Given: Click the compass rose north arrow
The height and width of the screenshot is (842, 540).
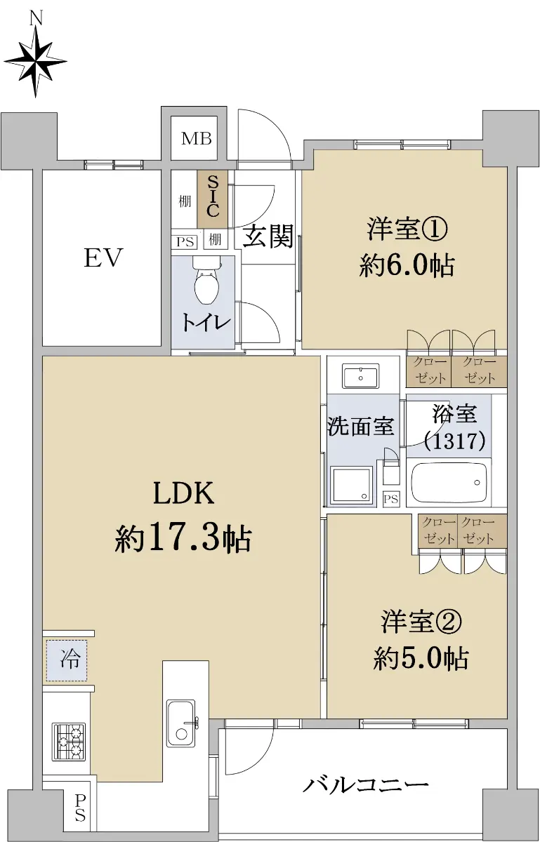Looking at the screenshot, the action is (x=36, y=60).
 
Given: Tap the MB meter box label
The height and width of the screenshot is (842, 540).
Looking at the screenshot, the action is (x=197, y=139).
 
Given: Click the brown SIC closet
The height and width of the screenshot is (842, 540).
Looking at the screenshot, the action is (x=213, y=199).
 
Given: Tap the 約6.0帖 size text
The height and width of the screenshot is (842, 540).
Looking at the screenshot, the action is (x=407, y=266).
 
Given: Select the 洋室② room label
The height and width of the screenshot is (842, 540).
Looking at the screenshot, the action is (x=421, y=622).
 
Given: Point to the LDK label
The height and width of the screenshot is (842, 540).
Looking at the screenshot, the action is (x=184, y=493).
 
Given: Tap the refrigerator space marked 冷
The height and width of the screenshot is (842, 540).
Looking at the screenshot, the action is (x=67, y=660).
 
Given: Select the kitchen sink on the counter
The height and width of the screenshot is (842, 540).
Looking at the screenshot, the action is (x=181, y=723).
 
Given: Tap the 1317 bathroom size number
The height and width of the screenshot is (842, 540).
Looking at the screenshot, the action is (x=454, y=441).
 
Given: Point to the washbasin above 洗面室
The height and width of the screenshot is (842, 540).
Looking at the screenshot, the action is (x=360, y=376).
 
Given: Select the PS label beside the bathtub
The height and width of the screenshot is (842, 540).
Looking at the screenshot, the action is (x=391, y=499).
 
